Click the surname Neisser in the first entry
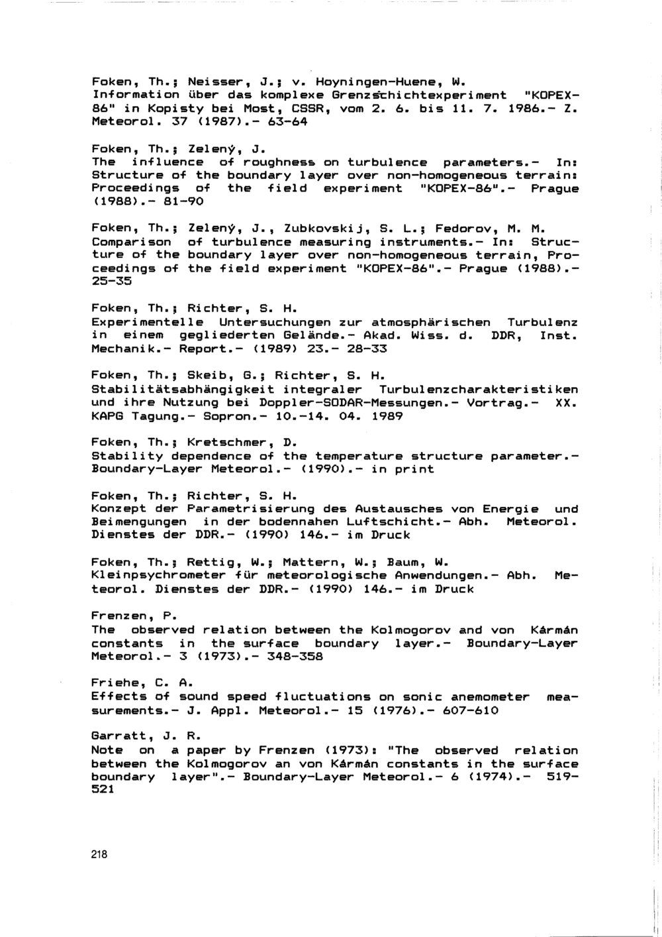(x=214, y=83)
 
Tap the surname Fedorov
(x=463, y=229)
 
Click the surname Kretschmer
(x=227, y=442)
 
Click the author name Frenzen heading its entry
(x=119, y=616)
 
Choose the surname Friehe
(x=115, y=683)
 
